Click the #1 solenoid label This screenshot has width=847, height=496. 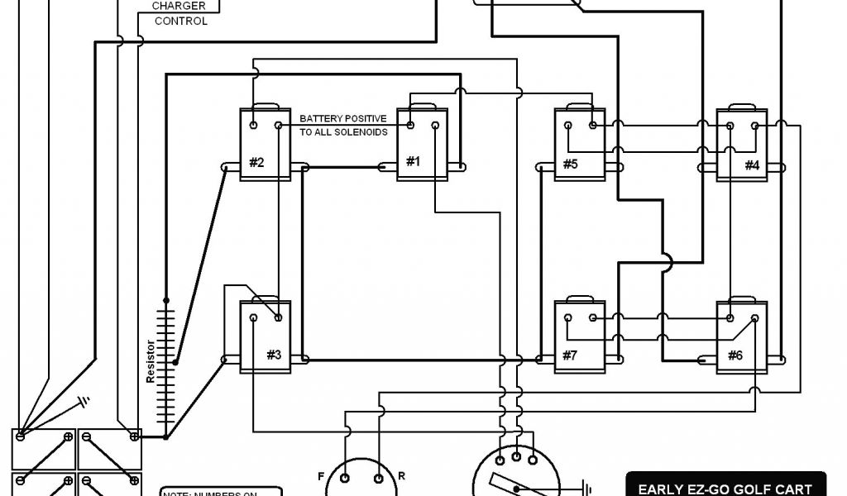coord(413,162)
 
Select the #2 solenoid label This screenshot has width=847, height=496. coord(256,162)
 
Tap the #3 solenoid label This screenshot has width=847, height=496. coord(274,355)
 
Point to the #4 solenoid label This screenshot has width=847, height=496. coord(751,165)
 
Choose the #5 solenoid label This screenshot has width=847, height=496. coord(570,164)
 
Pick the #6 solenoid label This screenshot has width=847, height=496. coord(735,355)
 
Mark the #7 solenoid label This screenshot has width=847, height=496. coord(570,355)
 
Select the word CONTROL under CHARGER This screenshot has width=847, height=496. coord(181,21)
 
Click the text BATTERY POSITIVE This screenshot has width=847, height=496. coord(342,119)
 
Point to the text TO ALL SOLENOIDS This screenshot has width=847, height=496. coord(342,132)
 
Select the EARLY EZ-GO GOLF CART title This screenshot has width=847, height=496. coord(719,489)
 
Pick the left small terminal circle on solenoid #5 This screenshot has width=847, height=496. coord(568,125)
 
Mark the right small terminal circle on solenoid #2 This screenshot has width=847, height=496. coord(279,126)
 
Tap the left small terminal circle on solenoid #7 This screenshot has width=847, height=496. coord(568,317)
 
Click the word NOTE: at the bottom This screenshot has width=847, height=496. coord(176,493)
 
